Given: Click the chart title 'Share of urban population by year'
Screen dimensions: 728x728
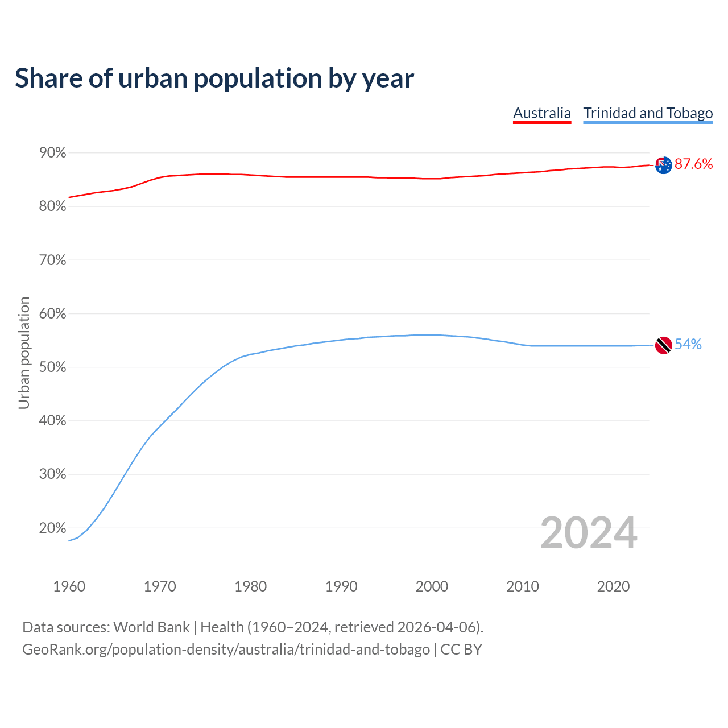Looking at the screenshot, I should [x=214, y=78].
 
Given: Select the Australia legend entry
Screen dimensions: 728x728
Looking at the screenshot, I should [x=541, y=113].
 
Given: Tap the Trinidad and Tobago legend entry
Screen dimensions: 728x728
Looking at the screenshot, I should [x=648, y=113].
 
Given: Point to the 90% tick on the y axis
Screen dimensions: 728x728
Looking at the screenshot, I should [x=53, y=153].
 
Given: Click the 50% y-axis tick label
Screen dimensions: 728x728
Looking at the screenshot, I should [x=53, y=367].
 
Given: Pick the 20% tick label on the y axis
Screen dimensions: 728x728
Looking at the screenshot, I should [x=53, y=528].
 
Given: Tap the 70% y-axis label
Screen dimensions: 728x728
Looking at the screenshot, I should [x=53, y=260].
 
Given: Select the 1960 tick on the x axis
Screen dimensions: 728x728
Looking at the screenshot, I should [x=69, y=586].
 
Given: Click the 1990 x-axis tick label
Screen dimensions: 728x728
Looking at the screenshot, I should [x=341, y=586].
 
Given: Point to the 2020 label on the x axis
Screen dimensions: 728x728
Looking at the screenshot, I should [x=613, y=586].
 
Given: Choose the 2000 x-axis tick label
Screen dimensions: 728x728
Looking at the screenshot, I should [x=432, y=586].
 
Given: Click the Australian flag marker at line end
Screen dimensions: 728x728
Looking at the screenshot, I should [x=663, y=165].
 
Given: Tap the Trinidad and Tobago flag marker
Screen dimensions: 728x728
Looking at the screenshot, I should [x=663, y=345].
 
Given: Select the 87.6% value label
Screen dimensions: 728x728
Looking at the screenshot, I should [x=693, y=164].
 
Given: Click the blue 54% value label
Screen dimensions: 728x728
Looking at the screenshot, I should [x=688, y=345].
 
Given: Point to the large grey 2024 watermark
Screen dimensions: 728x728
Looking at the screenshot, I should [x=589, y=533].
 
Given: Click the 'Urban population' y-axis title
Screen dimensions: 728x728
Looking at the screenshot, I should [x=24, y=353].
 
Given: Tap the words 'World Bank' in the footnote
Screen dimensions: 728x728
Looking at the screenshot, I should [x=151, y=627].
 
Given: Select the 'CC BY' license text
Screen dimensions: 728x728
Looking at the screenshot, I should [x=461, y=650].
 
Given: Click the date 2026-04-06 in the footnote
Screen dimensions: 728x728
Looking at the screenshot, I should [x=436, y=627].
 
